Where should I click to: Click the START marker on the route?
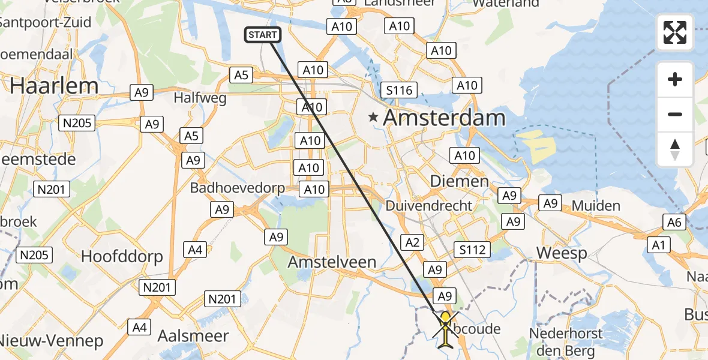pos(263,35)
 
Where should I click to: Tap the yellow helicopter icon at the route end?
pos(446,327)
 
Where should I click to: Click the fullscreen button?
pos(675,32)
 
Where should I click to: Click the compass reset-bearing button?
pos(675,149)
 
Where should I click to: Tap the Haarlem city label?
pos(54,86)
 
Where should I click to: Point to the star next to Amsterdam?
pos(374,118)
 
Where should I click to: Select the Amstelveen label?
pos(332,262)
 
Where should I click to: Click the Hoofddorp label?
pos(122,257)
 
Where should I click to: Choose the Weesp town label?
pos(562,253)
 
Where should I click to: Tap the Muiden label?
pos(596,206)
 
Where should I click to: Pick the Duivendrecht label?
pos(428,206)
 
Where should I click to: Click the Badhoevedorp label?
pos(238,188)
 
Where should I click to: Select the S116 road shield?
pos(399,91)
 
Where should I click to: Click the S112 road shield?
pos(472,249)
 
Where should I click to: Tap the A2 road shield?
pos(412,242)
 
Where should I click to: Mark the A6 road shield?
pos(674,223)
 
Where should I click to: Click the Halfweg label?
pos(200,97)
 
